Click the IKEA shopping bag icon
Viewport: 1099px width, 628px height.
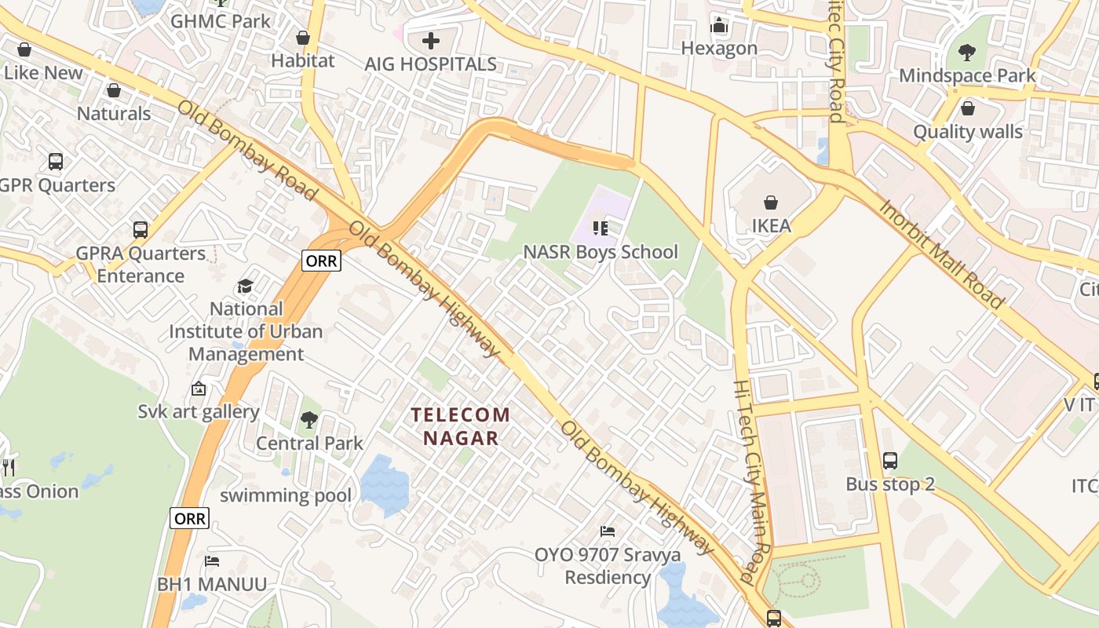click(771, 203)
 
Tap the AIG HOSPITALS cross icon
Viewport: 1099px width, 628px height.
click(431, 40)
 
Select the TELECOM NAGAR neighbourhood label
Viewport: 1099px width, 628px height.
click(461, 426)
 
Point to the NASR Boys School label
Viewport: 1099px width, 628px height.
click(601, 252)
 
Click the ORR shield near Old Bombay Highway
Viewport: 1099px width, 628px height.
click(321, 261)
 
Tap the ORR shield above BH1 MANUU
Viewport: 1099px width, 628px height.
click(189, 518)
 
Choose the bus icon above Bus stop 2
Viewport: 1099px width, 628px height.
click(889, 461)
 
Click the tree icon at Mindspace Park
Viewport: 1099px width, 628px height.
click(967, 53)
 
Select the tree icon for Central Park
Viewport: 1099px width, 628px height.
click(309, 420)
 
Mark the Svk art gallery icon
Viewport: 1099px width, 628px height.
click(199, 389)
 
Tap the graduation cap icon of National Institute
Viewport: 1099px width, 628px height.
click(246, 286)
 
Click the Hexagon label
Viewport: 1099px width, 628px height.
click(719, 49)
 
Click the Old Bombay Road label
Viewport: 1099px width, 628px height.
click(247, 150)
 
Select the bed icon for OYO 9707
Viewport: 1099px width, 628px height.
click(607, 531)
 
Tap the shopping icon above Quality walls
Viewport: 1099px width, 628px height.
click(967, 108)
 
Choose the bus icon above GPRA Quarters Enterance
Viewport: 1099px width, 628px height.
click(141, 230)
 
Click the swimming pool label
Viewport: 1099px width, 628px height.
click(286, 495)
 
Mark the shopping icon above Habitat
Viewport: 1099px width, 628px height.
click(303, 38)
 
